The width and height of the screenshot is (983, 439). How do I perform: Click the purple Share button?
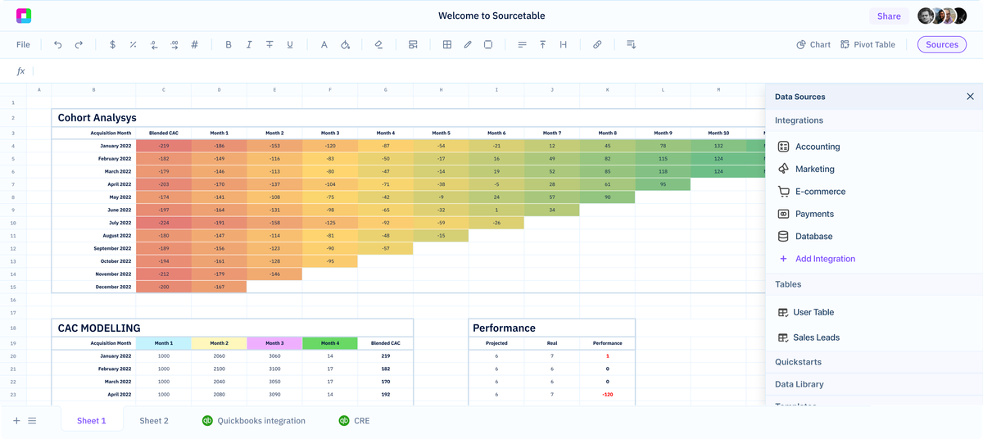[888, 16]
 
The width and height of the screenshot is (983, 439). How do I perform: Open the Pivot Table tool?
[867, 45]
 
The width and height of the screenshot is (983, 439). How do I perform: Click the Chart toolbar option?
[813, 45]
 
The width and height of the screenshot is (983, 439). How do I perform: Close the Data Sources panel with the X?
[970, 97]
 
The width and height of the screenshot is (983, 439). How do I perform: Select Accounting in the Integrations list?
[817, 147]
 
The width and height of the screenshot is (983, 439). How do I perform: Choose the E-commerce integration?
[820, 192]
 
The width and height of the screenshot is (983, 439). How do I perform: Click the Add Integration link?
[824, 259]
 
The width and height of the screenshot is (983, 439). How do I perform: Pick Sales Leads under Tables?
[816, 337]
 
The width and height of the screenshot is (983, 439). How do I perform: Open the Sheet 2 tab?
[154, 421]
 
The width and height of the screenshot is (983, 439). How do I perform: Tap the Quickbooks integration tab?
[260, 421]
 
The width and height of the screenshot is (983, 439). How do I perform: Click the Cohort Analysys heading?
[97, 118]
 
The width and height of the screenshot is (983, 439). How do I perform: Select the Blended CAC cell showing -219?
[164, 146]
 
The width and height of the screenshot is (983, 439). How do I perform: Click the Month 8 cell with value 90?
[607, 197]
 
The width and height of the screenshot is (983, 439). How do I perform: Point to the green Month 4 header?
[330, 343]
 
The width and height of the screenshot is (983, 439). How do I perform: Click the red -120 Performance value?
[607, 395]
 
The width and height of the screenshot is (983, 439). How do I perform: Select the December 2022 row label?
[114, 287]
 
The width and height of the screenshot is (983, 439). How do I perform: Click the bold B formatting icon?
[229, 45]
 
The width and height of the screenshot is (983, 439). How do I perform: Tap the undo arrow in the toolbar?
[58, 45]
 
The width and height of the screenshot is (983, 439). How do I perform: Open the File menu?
[23, 45]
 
